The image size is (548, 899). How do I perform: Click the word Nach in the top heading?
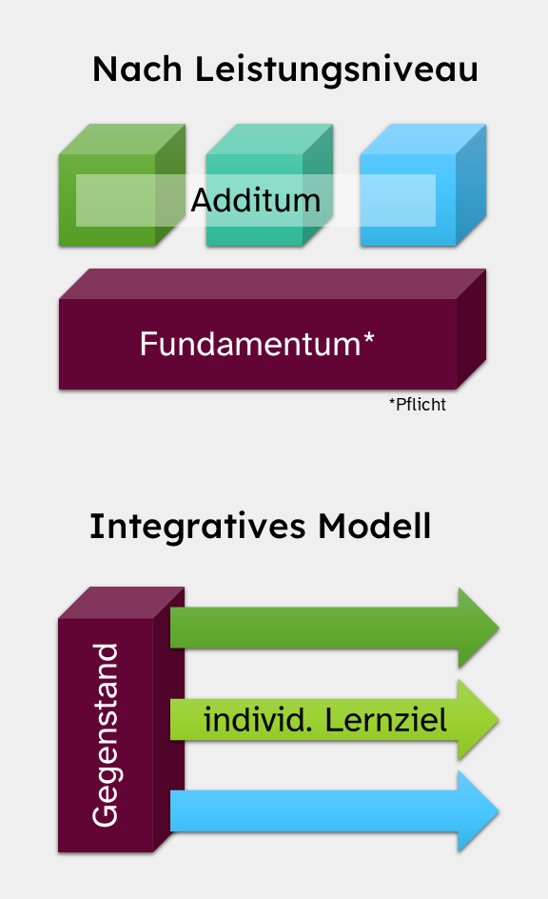pyautogui.click(x=137, y=70)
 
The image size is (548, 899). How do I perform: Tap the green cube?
pyautogui.click(x=122, y=185)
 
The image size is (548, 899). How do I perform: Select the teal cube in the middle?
pyautogui.click(x=269, y=185)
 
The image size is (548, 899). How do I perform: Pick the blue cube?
pyautogui.click(x=423, y=185)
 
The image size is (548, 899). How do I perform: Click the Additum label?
pyautogui.click(x=255, y=200)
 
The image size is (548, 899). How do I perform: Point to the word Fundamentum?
pyautogui.click(x=250, y=344)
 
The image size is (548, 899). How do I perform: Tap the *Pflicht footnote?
pyautogui.click(x=418, y=404)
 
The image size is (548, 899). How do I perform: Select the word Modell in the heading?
pyautogui.click(x=374, y=526)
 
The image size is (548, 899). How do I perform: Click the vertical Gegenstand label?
pyautogui.click(x=106, y=735)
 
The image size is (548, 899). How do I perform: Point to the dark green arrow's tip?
pyautogui.click(x=499, y=628)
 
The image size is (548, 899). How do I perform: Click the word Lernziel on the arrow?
pyautogui.click(x=386, y=720)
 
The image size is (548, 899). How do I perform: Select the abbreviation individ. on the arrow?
pyautogui.click(x=258, y=720)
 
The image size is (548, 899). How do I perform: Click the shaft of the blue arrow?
pyautogui.click(x=314, y=811)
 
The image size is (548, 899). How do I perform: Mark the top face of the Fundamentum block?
pyautogui.click(x=272, y=284)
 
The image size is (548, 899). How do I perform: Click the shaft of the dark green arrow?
pyautogui.click(x=314, y=628)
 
